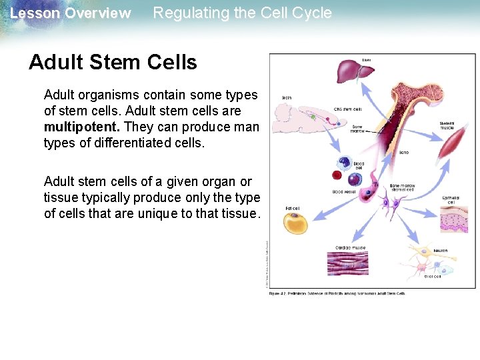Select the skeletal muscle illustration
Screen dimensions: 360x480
453,143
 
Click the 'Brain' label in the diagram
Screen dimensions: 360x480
287,98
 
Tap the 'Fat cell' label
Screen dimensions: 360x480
292,208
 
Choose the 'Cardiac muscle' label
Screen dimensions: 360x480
349,247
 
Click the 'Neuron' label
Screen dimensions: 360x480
440,251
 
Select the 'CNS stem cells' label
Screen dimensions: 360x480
348,109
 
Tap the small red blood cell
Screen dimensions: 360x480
336,176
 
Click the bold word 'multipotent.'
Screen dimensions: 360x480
82,127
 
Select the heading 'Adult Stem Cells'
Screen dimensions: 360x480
113,62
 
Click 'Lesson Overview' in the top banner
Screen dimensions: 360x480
71,13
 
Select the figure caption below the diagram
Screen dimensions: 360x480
336,293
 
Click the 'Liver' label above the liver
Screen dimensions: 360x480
366,60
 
